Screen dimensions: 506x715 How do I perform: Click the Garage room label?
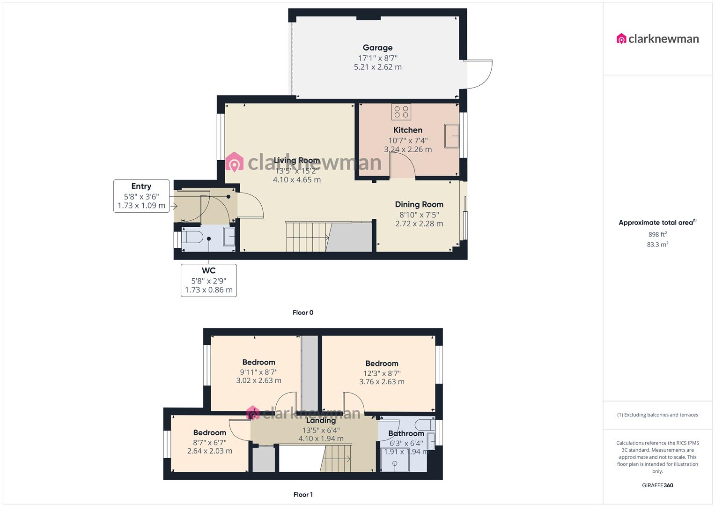tap(377, 48)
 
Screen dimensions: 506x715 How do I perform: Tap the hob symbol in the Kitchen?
tap(401, 112)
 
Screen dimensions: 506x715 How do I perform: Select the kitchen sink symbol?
tap(451, 136)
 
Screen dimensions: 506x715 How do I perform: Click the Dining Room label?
tap(419, 204)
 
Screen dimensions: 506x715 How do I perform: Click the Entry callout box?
tap(141, 196)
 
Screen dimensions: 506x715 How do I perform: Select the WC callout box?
tap(208, 280)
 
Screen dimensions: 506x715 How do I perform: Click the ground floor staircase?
tap(307, 237)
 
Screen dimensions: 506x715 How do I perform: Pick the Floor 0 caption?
tap(302, 313)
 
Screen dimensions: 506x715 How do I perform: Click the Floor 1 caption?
tap(303, 494)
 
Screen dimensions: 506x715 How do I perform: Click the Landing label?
tap(321, 420)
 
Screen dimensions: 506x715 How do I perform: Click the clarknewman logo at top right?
tap(657, 39)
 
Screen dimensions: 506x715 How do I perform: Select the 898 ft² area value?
tap(657, 234)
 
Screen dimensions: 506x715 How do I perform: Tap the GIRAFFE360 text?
tap(657, 485)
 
